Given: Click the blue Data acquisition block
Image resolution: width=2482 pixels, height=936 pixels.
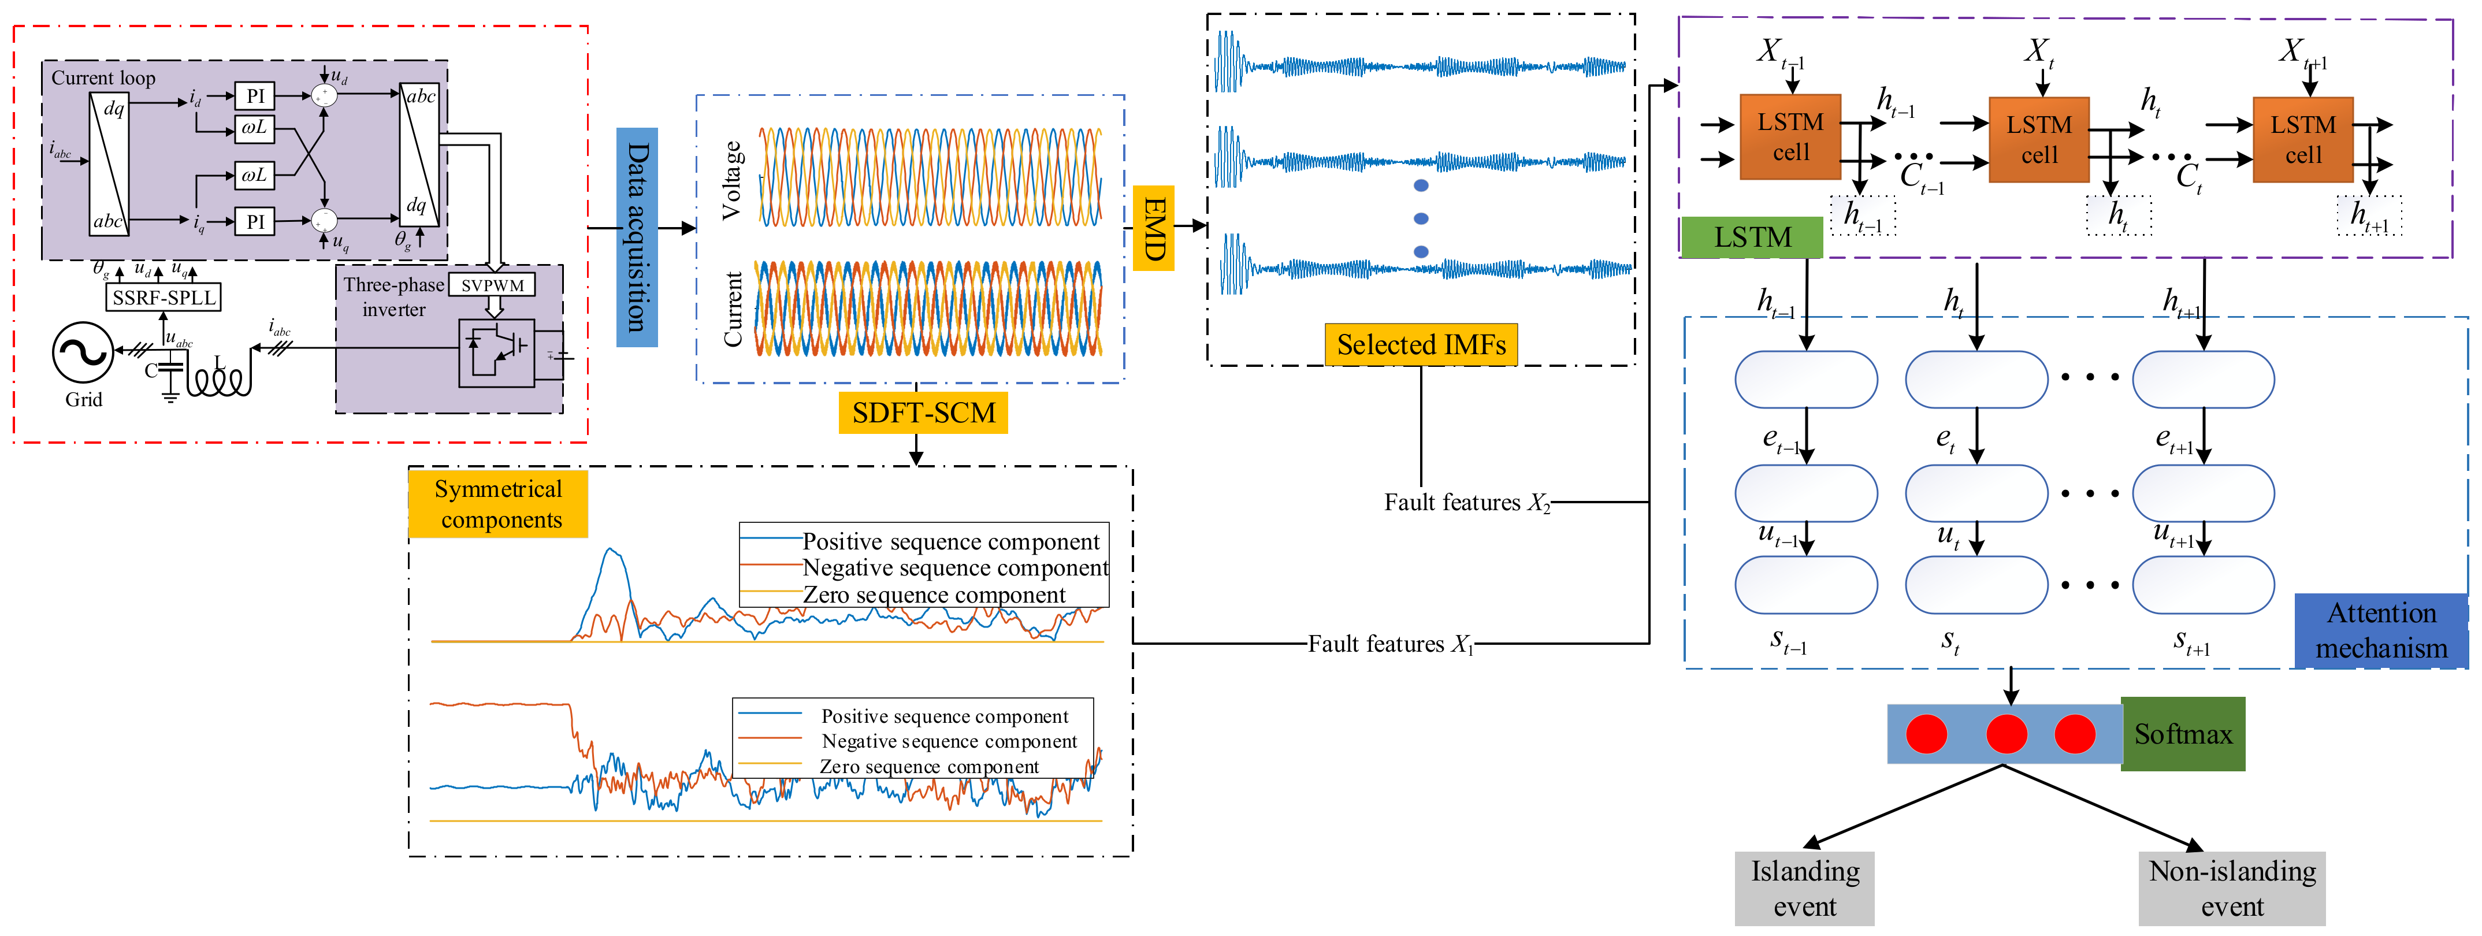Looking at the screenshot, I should click(x=637, y=237).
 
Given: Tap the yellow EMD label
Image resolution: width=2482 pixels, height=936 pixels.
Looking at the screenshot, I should click(x=1153, y=228).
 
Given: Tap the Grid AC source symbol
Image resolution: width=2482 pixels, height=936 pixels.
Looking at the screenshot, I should click(x=82, y=353).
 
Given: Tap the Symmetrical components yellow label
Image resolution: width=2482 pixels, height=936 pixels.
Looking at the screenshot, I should click(x=498, y=503).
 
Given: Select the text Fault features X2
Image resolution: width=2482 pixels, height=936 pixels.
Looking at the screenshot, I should click(x=1466, y=502).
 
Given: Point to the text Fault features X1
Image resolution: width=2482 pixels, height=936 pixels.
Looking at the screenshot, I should click(x=1390, y=644).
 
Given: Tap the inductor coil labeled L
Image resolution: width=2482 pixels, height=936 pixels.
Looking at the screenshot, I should click(x=220, y=379).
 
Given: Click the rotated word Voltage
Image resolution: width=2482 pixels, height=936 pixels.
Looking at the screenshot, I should click(x=732, y=180).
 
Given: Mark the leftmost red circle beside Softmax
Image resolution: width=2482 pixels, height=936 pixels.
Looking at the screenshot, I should click(x=1926, y=734).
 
